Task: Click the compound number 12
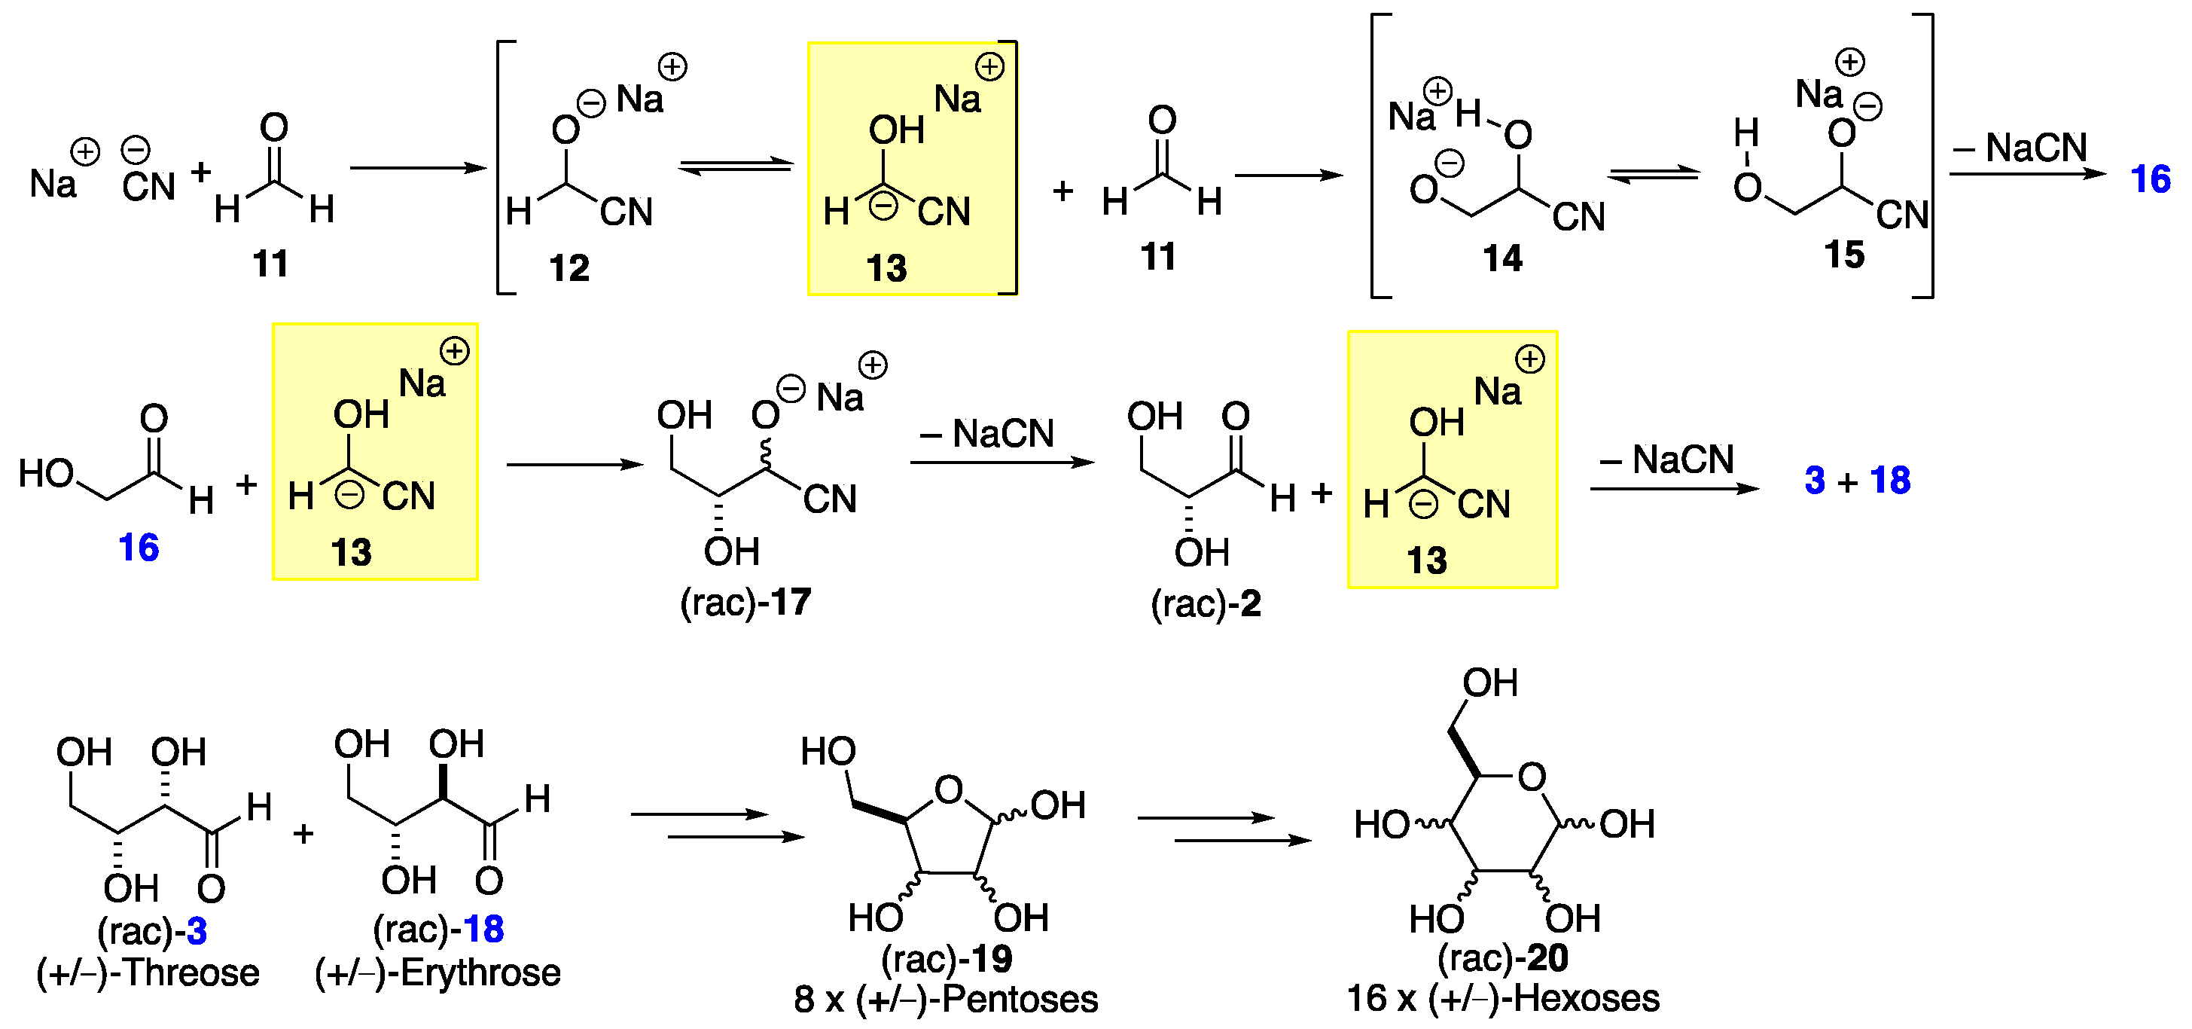click(569, 269)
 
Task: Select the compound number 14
click(1502, 258)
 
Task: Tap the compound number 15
click(1844, 255)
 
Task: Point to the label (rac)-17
click(745, 603)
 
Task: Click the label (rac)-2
click(1206, 604)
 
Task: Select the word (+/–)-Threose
click(148, 973)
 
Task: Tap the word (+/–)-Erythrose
click(437, 973)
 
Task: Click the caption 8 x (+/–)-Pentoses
click(945, 999)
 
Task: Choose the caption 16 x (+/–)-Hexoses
click(1503, 998)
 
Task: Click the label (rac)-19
click(947, 959)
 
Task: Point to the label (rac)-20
click(1503, 958)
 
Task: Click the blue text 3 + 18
click(1858, 481)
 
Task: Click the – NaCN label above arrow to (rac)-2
click(986, 434)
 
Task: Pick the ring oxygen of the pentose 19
click(949, 791)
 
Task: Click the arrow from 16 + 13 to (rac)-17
click(575, 465)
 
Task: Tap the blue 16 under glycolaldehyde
click(139, 547)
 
